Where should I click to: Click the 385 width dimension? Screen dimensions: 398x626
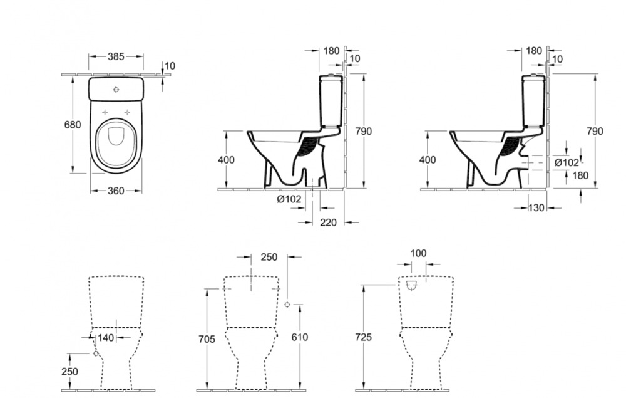coord(116,56)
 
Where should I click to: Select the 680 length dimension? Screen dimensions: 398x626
coord(73,125)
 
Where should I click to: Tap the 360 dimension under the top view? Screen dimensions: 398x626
coord(116,191)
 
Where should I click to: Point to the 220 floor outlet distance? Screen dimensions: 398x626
coord(328,222)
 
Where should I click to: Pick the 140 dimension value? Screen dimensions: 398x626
coord(106,338)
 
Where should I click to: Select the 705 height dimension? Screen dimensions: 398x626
coord(207,339)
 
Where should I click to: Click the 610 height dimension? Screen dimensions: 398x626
coord(300,337)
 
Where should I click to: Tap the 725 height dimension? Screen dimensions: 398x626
coord(363,337)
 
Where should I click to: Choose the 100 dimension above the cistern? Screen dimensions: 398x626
coord(418,254)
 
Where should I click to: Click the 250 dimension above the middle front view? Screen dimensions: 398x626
coord(269,257)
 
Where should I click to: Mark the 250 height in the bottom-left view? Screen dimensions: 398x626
coord(69,371)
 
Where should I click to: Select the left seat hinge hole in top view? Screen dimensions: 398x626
coord(105,112)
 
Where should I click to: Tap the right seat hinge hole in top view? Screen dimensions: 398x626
coord(128,112)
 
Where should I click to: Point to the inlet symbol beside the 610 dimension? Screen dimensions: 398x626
coord(287,305)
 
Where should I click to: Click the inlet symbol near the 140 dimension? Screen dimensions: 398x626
coord(96,353)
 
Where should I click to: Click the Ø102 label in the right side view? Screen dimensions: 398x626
coord(567,162)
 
